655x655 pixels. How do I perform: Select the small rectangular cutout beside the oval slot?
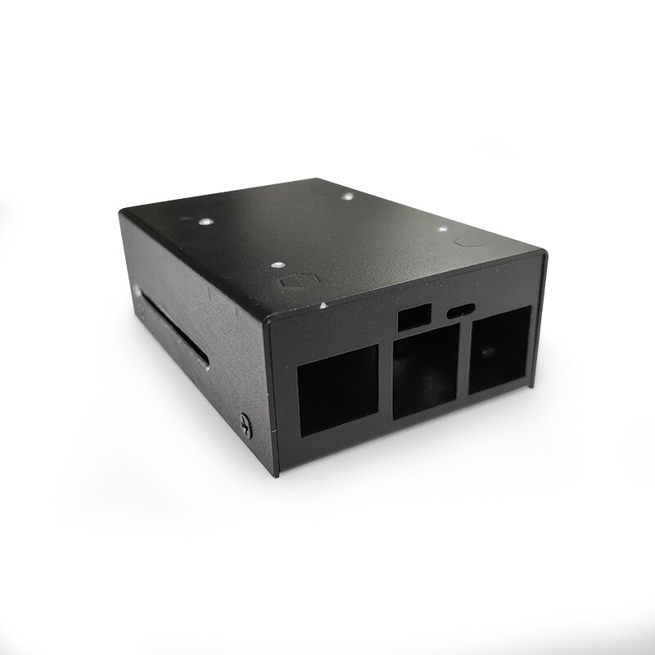pos(415,318)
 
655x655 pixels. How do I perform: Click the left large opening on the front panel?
pos(337,389)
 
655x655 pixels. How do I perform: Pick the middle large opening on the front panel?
pos(424,373)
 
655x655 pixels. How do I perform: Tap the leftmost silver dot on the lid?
pos(205,220)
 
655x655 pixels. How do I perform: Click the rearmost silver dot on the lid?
pos(348,196)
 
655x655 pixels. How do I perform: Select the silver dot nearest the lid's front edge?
pos(277,265)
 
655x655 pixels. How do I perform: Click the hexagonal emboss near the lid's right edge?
pos(469,242)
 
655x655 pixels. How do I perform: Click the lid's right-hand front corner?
pos(544,251)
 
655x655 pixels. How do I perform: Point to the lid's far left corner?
pos(121,212)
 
